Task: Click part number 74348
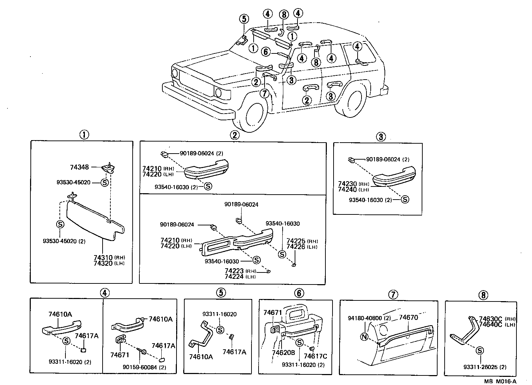coord(80,167)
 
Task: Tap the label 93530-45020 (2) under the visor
coord(64,241)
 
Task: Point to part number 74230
coord(347,184)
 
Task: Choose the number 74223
coord(235,271)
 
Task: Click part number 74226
coord(296,247)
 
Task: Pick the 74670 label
coord(408,317)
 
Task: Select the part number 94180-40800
coord(365,318)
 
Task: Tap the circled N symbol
coord(364,337)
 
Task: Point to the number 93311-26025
coord(481,367)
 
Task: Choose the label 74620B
coord(283,353)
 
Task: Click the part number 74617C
coord(316,356)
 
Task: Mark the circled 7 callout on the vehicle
coord(264,93)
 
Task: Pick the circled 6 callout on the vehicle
coord(266,52)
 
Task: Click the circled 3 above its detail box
coord(380,137)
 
